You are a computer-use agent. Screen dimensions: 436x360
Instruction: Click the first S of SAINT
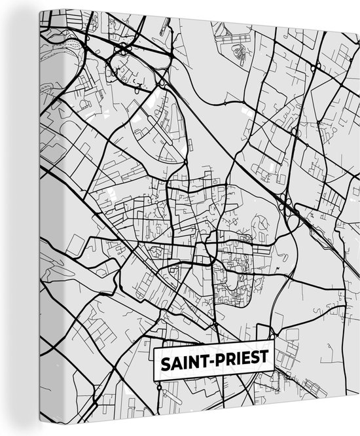tap(161, 361)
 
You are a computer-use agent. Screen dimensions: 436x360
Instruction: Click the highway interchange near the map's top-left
tap(122, 50)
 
